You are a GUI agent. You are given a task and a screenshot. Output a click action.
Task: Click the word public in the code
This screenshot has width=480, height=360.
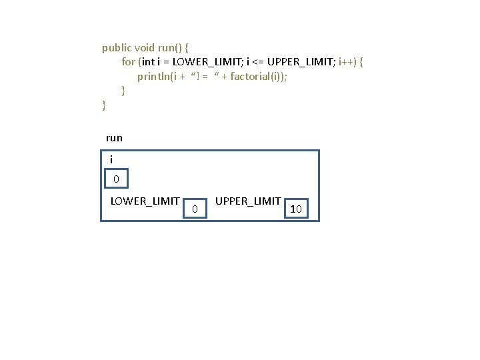click(117, 48)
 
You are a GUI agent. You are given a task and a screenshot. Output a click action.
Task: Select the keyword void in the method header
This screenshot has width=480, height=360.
click(144, 48)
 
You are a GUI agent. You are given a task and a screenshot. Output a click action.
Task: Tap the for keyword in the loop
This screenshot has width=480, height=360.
click(128, 62)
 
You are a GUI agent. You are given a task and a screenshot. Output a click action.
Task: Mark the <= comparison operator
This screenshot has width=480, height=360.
click(257, 62)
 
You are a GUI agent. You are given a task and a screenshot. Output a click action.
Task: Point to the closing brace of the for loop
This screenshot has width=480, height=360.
click(123, 90)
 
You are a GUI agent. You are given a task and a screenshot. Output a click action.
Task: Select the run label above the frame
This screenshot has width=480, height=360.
click(114, 138)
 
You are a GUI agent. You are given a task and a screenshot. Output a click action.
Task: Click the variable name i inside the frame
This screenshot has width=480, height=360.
click(111, 159)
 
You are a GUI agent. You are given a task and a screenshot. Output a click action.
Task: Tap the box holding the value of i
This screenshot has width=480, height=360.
click(116, 179)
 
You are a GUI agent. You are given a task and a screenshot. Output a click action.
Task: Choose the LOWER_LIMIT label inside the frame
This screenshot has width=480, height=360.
click(145, 201)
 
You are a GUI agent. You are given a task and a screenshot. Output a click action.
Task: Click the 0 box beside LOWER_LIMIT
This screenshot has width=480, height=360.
click(195, 209)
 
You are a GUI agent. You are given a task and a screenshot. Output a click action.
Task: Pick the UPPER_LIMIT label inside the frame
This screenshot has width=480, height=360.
click(248, 201)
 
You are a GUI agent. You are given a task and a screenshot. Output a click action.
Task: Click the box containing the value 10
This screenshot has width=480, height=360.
click(297, 209)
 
